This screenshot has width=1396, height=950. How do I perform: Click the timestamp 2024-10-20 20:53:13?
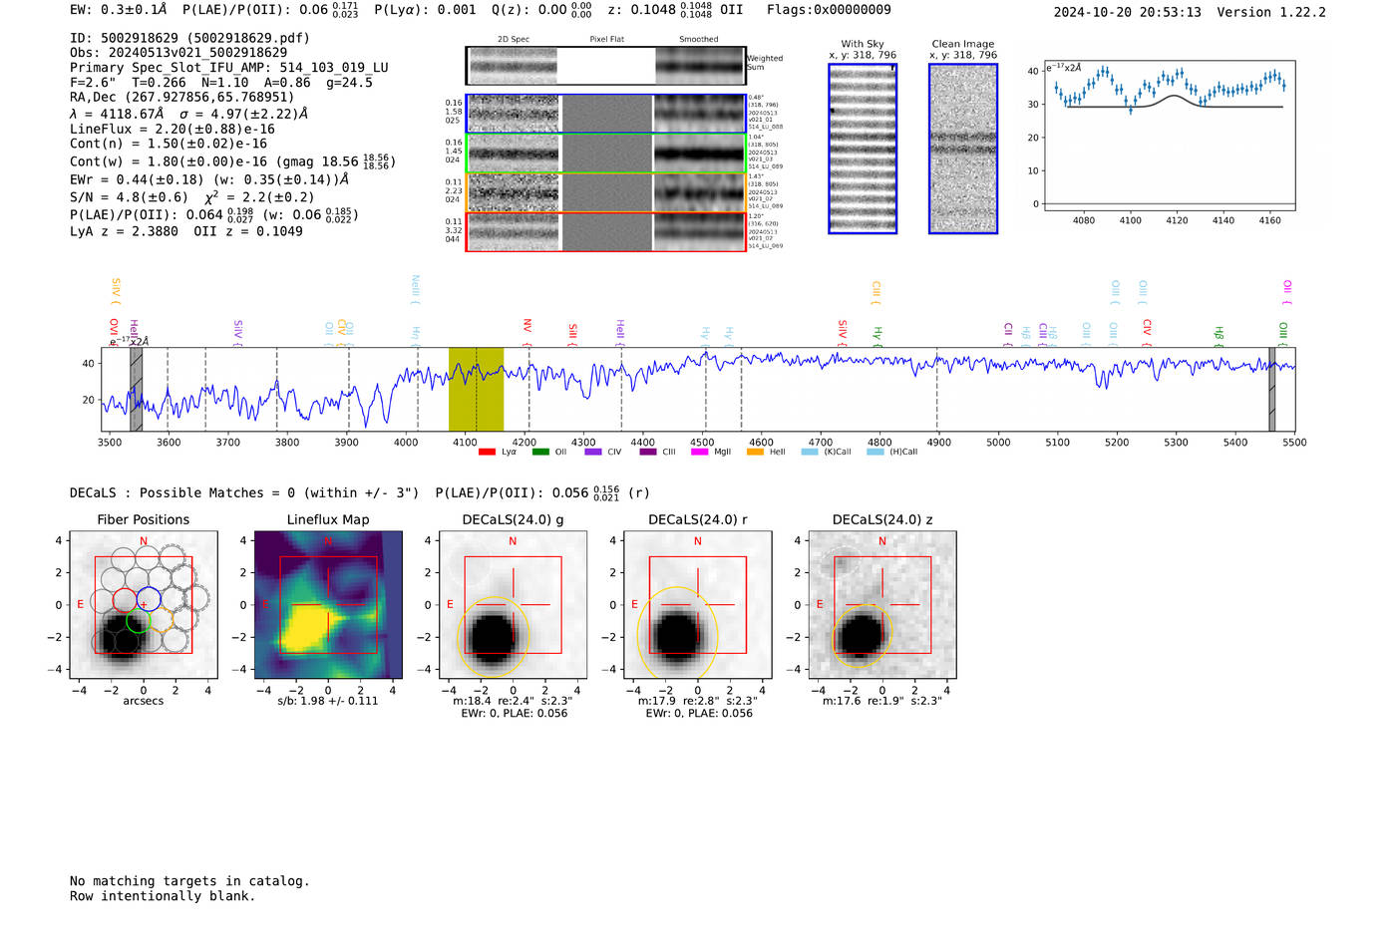click(x=1127, y=12)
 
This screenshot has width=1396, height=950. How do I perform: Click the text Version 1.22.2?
click(x=1271, y=12)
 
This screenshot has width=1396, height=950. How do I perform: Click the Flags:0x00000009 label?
click(x=829, y=9)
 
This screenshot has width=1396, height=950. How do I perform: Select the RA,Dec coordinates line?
click(x=181, y=97)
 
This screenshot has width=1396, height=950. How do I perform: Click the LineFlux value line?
click(x=172, y=129)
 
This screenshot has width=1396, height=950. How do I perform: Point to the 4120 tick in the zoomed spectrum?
click(x=1177, y=220)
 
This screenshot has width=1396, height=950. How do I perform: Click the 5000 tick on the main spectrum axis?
click(x=998, y=442)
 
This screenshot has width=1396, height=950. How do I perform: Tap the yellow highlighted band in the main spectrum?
click(x=476, y=389)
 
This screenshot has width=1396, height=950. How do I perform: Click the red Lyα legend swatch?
click(x=487, y=452)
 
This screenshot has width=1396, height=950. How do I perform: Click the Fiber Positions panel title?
click(x=143, y=519)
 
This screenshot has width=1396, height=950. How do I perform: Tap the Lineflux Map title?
click(x=327, y=519)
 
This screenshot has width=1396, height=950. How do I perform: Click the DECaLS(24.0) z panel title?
click(x=881, y=519)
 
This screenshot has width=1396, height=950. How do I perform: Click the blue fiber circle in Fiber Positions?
click(x=149, y=600)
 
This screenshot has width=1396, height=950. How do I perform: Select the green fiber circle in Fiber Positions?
click(x=139, y=620)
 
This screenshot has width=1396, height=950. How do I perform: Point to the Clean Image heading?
click(x=962, y=44)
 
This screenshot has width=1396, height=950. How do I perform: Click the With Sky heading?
click(x=862, y=44)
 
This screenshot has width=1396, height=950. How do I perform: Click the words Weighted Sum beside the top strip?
click(x=764, y=62)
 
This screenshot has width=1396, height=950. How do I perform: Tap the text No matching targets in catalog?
click(x=189, y=880)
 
